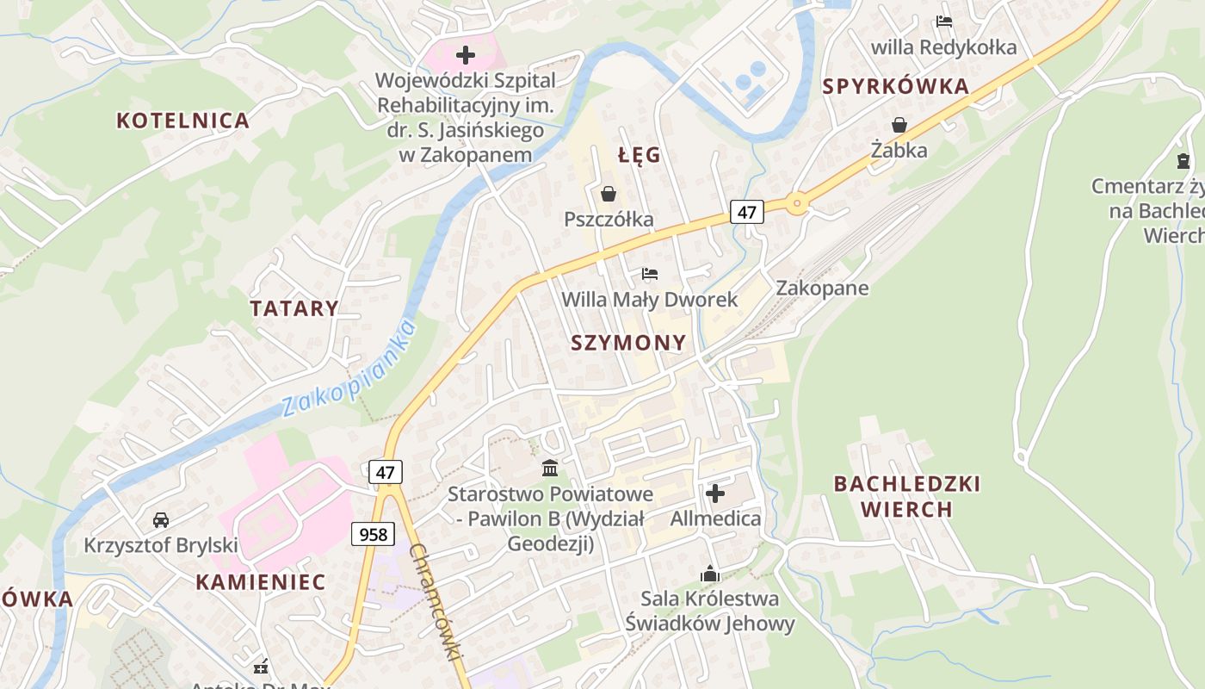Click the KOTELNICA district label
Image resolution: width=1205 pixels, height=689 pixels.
click(x=182, y=121)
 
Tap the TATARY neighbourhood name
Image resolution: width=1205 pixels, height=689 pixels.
click(x=294, y=308)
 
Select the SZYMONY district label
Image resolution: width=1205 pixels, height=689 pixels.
click(x=629, y=343)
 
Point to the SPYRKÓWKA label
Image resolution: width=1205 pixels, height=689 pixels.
click(x=896, y=86)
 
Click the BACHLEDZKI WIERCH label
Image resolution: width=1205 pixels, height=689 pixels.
click(x=907, y=496)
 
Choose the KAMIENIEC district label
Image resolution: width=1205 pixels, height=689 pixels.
click(x=261, y=581)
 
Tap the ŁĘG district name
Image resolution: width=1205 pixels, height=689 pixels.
click(x=640, y=155)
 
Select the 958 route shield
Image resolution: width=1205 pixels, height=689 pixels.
click(x=373, y=534)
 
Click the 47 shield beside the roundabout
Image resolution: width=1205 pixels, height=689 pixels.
click(x=746, y=212)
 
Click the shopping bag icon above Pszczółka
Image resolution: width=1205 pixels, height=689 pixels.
click(x=609, y=194)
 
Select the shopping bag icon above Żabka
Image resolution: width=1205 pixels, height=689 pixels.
click(x=899, y=125)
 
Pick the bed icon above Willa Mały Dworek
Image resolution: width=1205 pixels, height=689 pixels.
click(x=650, y=274)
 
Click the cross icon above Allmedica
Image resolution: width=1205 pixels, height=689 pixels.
click(x=715, y=493)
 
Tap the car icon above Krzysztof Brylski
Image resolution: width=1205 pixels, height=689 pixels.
click(x=161, y=519)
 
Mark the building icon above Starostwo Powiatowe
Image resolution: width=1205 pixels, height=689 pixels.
click(x=550, y=469)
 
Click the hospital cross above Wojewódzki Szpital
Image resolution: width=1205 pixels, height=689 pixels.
click(x=466, y=56)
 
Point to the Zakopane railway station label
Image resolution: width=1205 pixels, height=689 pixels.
click(x=822, y=288)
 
